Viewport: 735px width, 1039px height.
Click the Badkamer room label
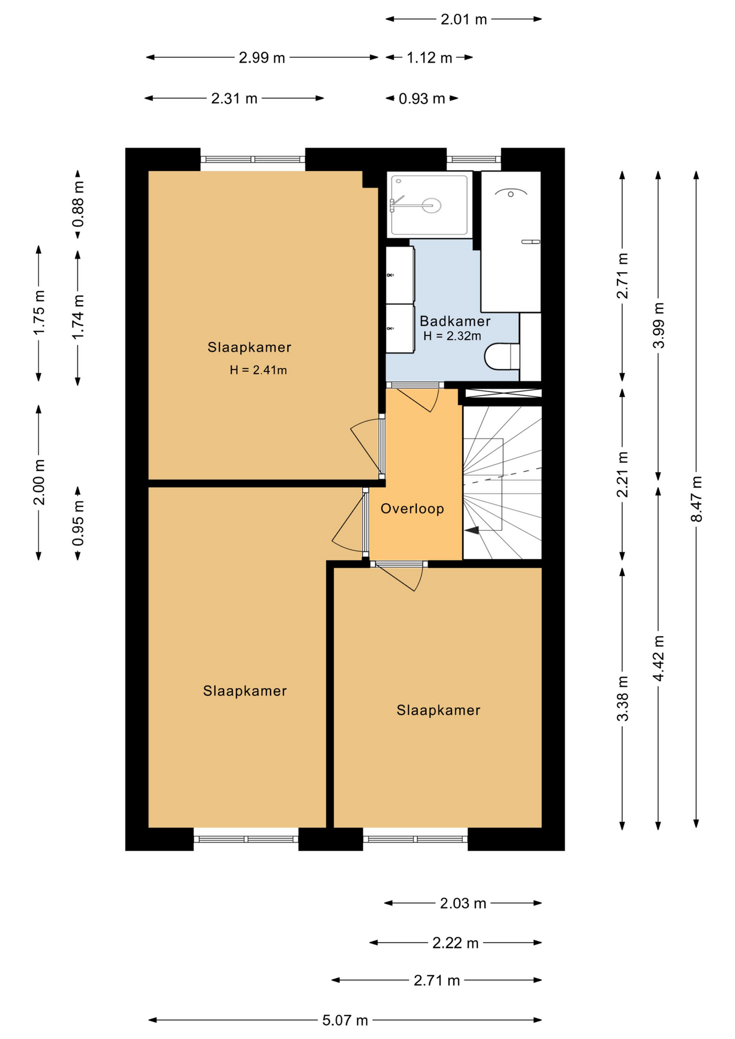point(455,321)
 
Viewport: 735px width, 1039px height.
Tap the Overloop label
point(412,509)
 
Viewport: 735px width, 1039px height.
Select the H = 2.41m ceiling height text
point(258,370)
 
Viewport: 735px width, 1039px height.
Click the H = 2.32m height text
point(452,336)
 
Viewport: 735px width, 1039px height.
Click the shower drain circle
point(431,205)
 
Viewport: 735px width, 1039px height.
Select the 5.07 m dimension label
point(345,1020)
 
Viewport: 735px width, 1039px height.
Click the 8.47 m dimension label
point(696,499)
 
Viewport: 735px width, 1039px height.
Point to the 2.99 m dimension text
point(262,57)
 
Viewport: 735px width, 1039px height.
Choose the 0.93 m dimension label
point(422,98)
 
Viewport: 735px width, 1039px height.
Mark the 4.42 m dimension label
point(658,659)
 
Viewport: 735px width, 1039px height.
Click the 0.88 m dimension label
point(78,204)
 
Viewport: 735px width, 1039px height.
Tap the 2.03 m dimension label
point(463,903)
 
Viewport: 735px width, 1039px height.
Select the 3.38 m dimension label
point(622,699)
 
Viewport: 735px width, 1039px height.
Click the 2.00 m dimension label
point(39,482)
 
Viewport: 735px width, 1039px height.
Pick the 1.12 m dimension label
point(429,57)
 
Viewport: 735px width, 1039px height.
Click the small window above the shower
point(474,159)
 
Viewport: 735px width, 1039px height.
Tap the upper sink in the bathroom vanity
point(399,275)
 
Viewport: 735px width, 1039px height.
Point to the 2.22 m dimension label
point(455,943)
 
